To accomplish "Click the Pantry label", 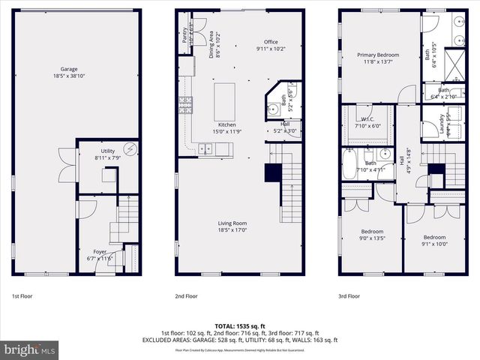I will [x=185, y=35].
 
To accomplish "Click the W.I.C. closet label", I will [x=367, y=122].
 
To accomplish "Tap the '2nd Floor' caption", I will [x=186, y=295].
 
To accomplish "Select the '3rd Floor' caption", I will [x=349, y=295].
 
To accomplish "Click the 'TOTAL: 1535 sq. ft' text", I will [x=240, y=325].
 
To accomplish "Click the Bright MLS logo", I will [x=30, y=349].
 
